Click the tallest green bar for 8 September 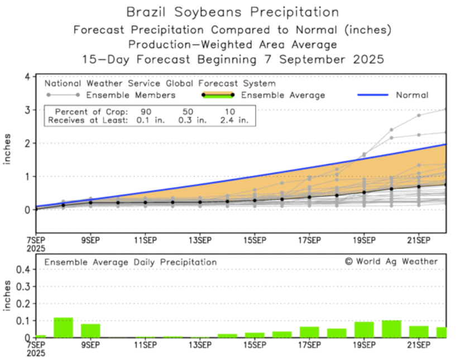(63, 328)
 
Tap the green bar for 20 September (391, 329)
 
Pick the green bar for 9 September (90, 330)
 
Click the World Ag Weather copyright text (391, 261)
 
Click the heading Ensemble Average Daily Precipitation (131, 262)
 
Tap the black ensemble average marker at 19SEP (364, 192)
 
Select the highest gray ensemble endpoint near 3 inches (445, 109)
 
